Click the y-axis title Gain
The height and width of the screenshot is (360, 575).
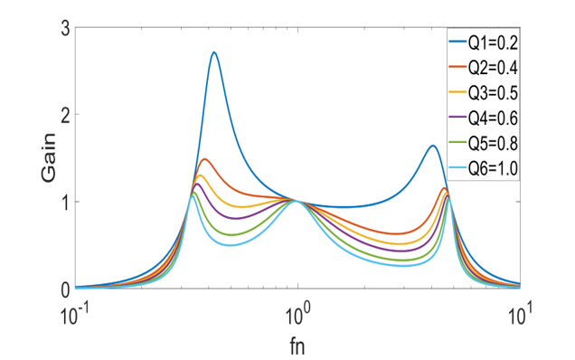point(45,158)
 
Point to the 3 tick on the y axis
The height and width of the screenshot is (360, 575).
point(65,28)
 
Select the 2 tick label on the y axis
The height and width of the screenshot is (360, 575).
point(65,115)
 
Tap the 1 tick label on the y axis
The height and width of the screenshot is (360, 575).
point(65,202)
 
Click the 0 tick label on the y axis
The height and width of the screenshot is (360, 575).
point(65,289)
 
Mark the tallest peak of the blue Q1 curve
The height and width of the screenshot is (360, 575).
point(214,52)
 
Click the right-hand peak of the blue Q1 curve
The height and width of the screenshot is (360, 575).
point(433,146)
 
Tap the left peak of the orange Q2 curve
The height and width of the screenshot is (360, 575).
point(205,159)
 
